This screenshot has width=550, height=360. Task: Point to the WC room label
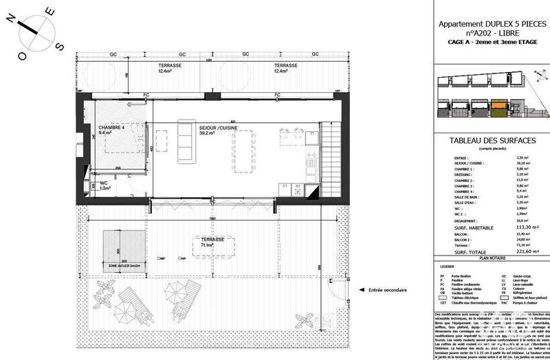[x=103, y=183]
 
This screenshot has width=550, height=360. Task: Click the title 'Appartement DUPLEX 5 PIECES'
[x=492, y=24]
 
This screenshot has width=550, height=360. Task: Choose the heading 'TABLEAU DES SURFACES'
[x=492, y=140]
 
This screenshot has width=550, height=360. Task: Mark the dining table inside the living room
[x=245, y=149]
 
